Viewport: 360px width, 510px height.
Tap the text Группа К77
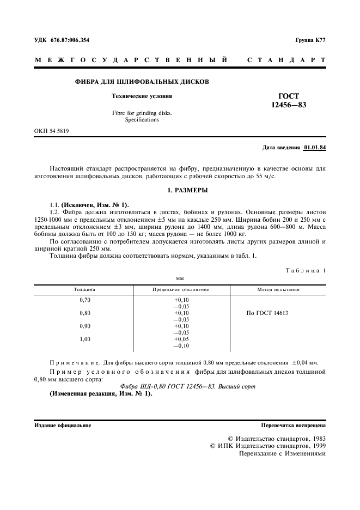pos(310,40)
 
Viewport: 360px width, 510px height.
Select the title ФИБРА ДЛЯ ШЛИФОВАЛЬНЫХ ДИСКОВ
pos(142,82)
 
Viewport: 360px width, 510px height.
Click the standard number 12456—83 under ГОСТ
pos(289,105)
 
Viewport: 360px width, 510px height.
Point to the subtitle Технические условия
pos(142,96)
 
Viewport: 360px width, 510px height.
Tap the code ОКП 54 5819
pos(51,131)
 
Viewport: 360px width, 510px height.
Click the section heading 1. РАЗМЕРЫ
pos(180,191)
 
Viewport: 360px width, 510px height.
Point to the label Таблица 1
pos(306,270)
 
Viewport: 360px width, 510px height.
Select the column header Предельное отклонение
pos(181,289)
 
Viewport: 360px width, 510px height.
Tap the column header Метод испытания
pos(278,289)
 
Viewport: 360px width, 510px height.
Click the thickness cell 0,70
pos(84,300)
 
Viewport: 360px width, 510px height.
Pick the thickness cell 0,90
pos(84,326)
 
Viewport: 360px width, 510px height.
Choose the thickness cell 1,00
pos(84,339)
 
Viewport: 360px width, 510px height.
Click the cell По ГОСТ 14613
pos(267,313)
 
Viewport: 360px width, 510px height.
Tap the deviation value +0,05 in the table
pos(181,339)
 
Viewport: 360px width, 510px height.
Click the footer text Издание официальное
pos(63,426)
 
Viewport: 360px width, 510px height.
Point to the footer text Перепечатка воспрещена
pos(294,426)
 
